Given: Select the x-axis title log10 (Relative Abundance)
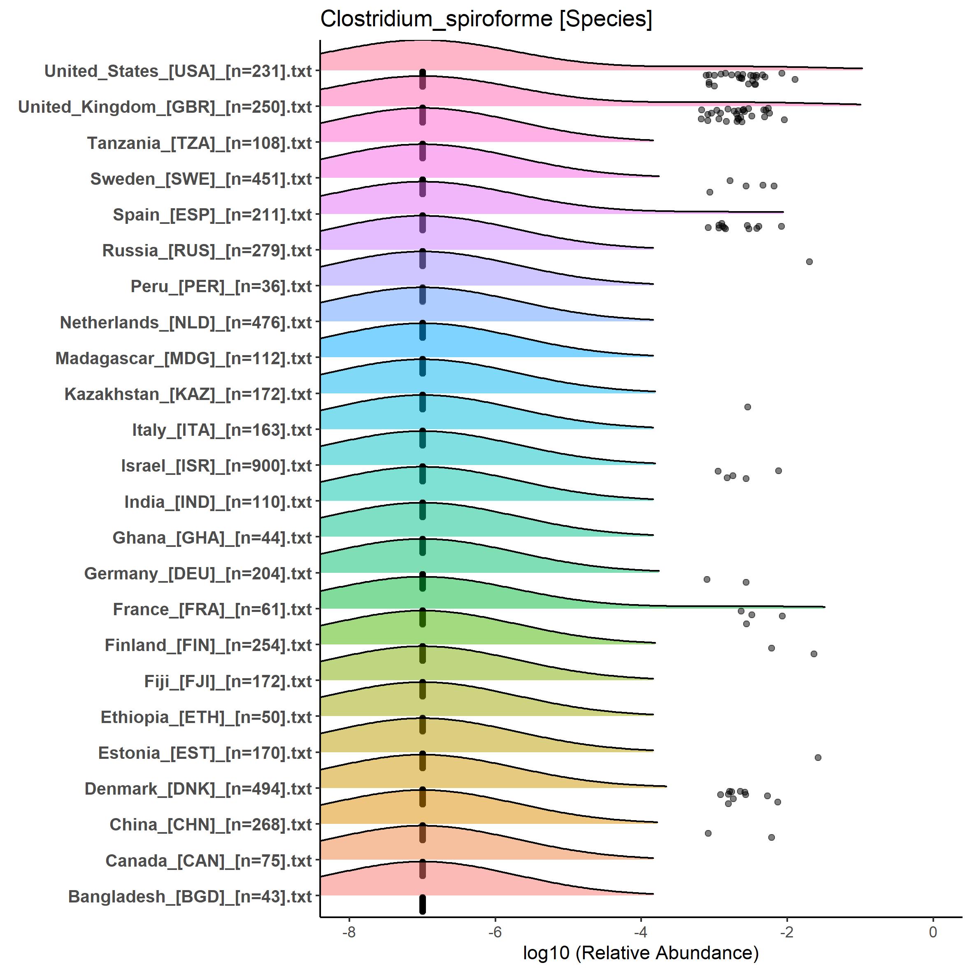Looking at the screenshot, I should click(x=640, y=952).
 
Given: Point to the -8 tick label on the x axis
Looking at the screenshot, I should click(x=349, y=932).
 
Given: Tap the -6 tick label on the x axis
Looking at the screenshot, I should click(x=495, y=932).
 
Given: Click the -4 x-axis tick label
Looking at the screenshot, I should click(x=640, y=932).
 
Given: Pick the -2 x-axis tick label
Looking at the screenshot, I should click(x=786, y=932).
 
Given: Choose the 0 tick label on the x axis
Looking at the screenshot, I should click(x=933, y=932).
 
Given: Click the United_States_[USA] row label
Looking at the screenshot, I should click(x=178, y=72).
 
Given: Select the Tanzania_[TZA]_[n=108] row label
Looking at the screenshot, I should click(x=200, y=143).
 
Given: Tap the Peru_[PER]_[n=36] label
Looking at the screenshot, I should click(x=221, y=287).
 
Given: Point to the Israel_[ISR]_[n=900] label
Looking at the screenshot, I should click(x=216, y=466).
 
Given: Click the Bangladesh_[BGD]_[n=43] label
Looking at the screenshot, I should click(x=190, y=897).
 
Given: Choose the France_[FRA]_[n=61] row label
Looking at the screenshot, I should click(x=212, y=610).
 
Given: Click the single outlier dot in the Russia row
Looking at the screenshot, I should click(x=809, y=262).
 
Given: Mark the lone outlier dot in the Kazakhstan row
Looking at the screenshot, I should click(x=748, y=407).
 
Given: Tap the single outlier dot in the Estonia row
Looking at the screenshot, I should click(x=818, y=758).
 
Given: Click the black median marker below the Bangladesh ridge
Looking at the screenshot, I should click(x=423, y=904).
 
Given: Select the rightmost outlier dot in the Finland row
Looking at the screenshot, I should click(x=814, y=654).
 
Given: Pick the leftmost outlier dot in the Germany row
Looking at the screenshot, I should click(x=707, y=579).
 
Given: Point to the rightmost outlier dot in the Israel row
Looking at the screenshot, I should click(x=778, y=471).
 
